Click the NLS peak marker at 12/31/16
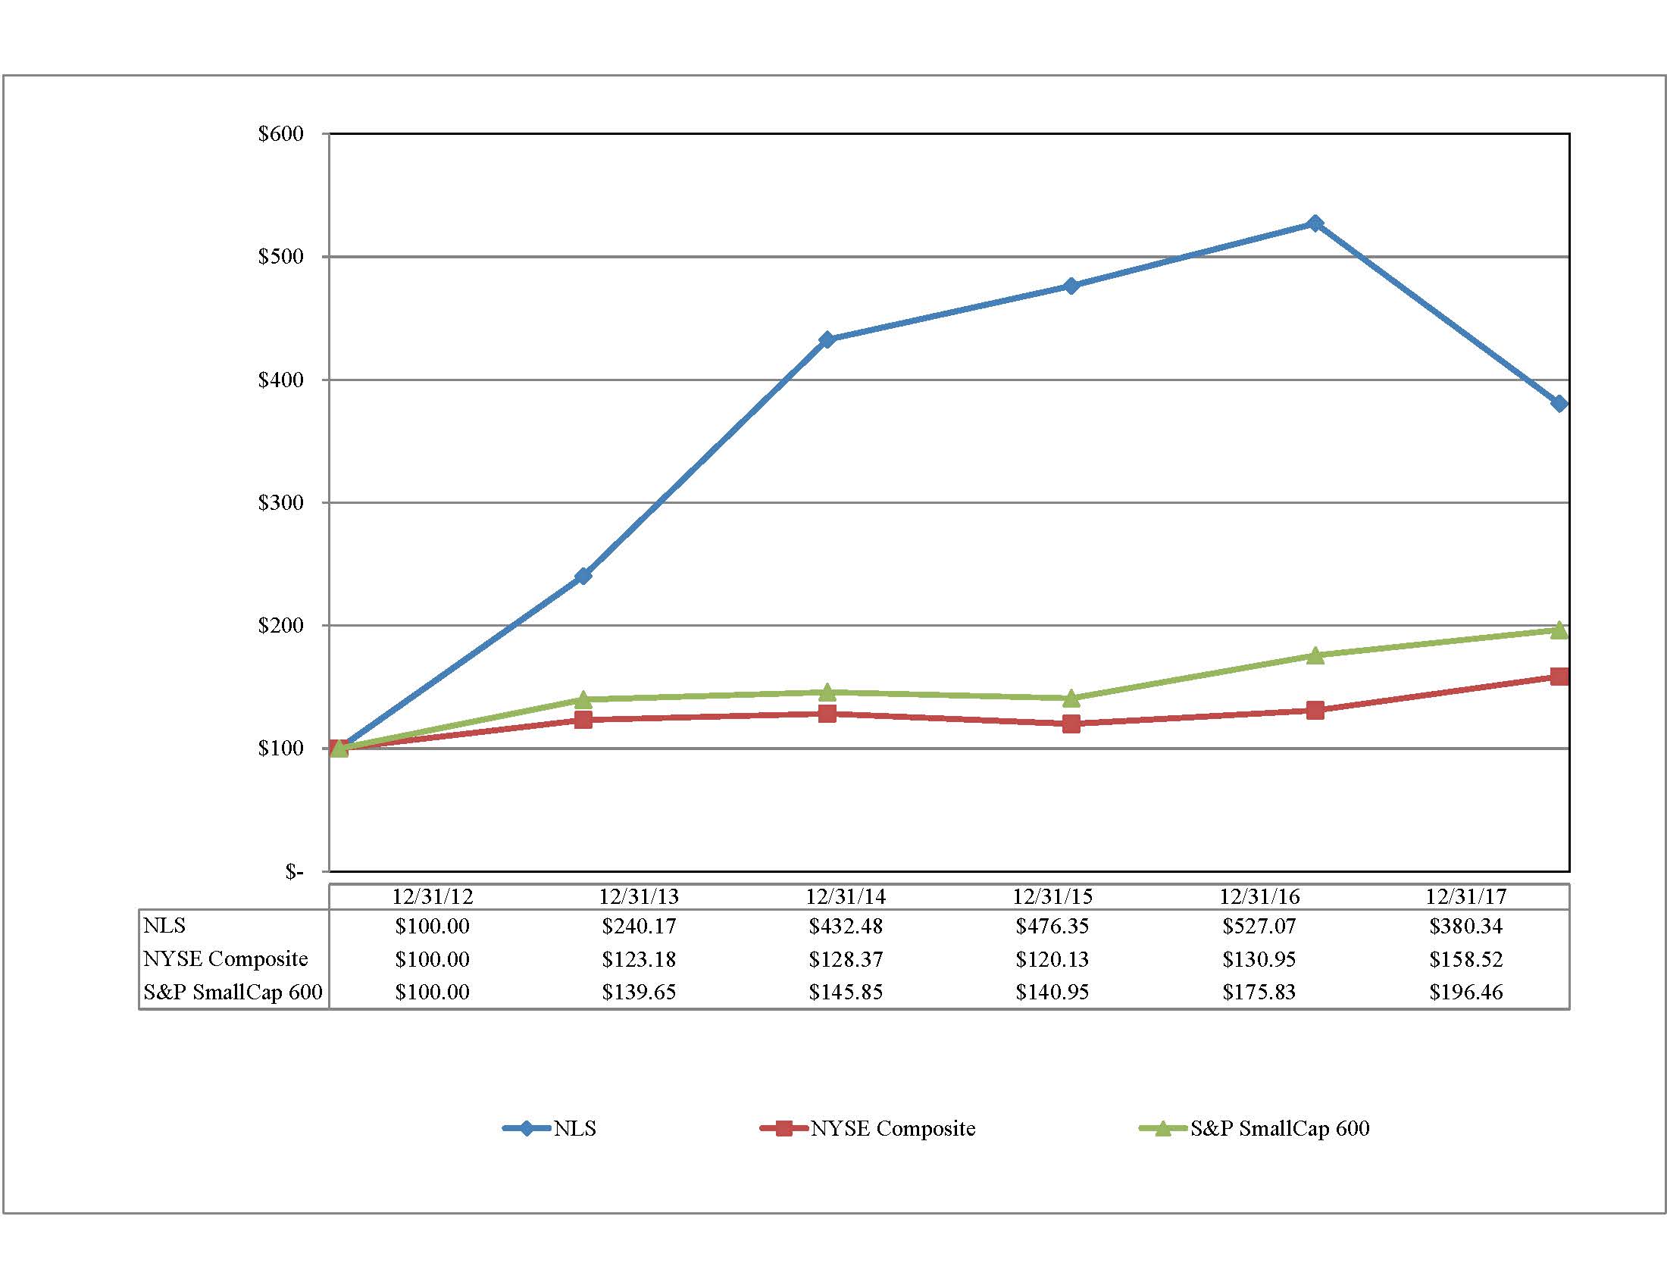tap(1315, 224)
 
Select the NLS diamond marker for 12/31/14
tap(827, 339)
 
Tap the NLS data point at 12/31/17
tap(1559, 404)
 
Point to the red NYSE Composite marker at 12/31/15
tap(1071, 724)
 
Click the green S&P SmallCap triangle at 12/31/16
tap(1315, 655)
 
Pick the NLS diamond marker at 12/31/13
tap(583, 575)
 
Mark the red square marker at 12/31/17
tap(1559, 676)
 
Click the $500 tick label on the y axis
tap(281, 256)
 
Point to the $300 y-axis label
tap(281, 502)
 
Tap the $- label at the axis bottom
tap(294, 871)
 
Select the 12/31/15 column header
tap(1052, 896)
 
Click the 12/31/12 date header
tap(432, 896)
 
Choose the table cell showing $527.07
tap(1259, 927)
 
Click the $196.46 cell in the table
tap(1465, 992)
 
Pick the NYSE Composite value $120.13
tap(1052, 959)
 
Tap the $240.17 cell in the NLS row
tap(639, 927)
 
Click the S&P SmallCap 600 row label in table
tap(233, 992)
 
